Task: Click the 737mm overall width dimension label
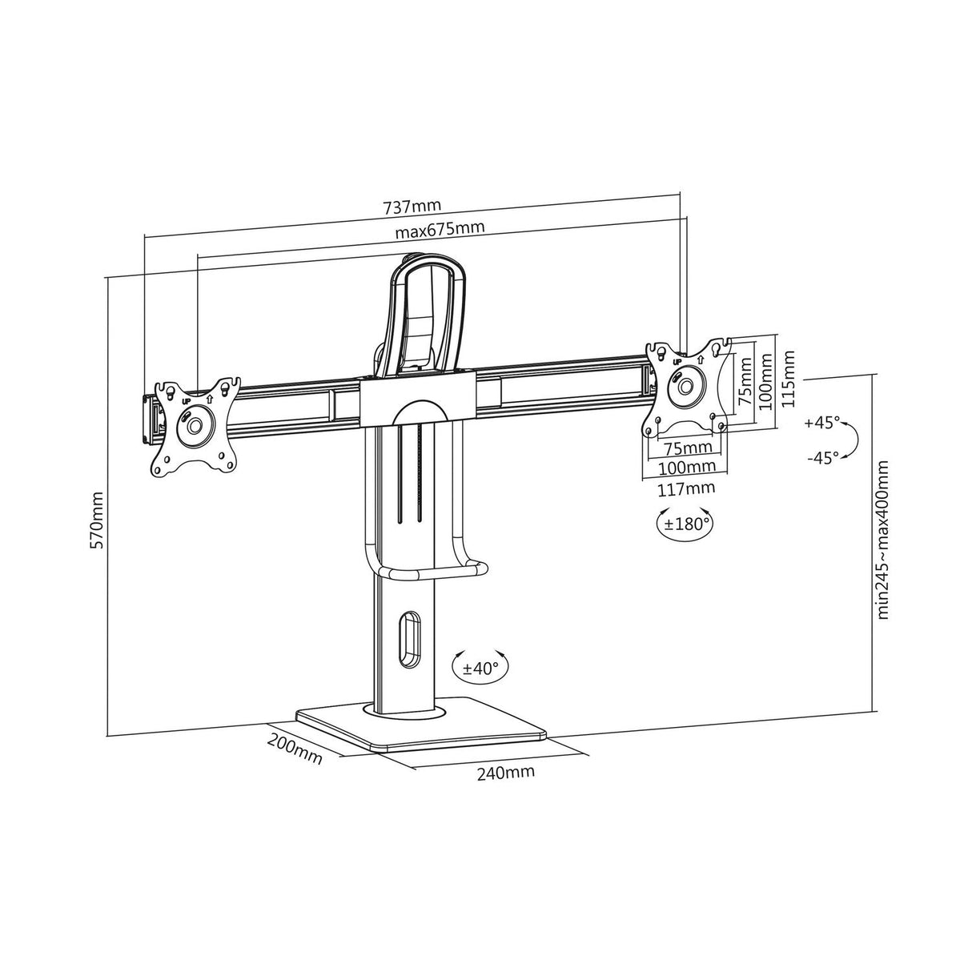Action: [x=412, y=207]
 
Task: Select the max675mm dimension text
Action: [x=440, y=231]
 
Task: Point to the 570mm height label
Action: [x=97, y=520]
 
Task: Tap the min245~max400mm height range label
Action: [x=884, y=539]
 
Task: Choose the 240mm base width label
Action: [x=506, y=773]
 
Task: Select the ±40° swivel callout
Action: [x=480, y=668]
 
